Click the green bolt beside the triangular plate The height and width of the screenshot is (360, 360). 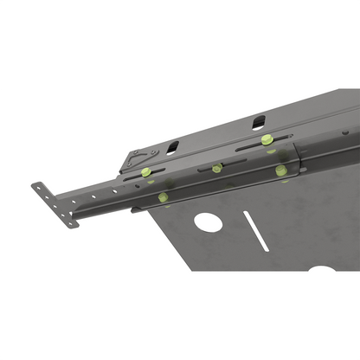[145, 171]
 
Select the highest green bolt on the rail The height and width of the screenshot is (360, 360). [267, 138]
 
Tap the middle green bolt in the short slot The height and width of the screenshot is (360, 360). [217, 167]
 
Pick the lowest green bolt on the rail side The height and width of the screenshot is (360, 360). [164, 198]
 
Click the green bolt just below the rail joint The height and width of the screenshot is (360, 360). [281, 170]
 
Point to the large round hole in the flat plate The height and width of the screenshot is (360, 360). [208, 222]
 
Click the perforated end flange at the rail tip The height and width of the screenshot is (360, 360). [54, 204]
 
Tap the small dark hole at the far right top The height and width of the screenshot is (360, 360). [344, 133]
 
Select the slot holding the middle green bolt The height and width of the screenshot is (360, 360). [217, 168]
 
